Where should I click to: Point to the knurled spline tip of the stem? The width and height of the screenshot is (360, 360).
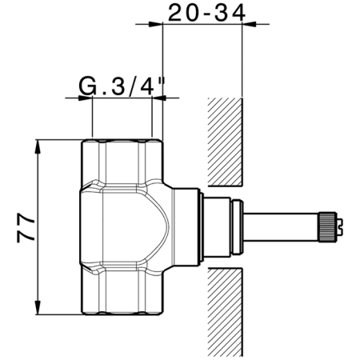330,226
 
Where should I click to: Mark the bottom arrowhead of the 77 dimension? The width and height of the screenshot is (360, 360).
38,311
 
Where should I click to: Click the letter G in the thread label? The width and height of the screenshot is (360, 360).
87,85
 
